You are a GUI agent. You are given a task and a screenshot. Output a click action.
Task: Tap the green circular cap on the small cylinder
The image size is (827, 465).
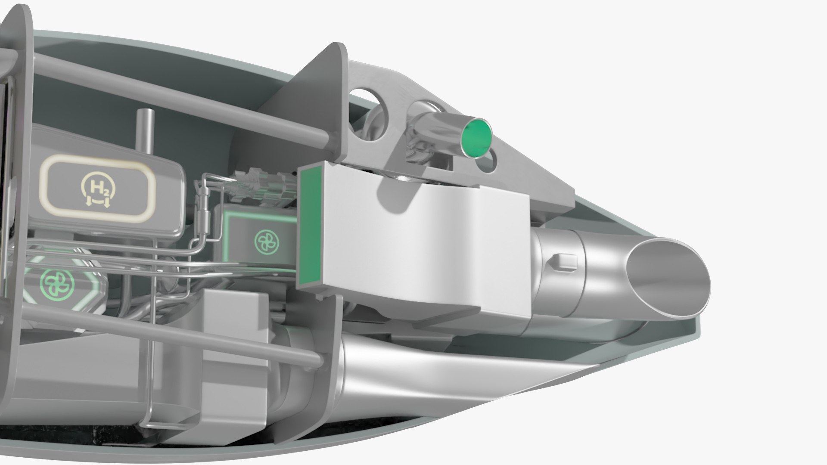pyautogui.click(x=476, y=137)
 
